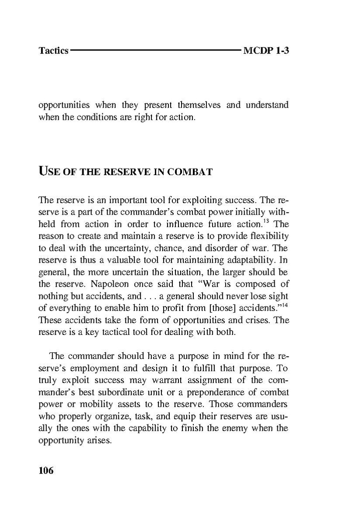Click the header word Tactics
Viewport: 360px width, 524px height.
coord(53,51)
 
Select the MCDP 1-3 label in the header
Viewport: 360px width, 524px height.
coord(266,51)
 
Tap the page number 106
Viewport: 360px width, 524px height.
coord(46,471)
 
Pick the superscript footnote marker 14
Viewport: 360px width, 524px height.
coord(285,303)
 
